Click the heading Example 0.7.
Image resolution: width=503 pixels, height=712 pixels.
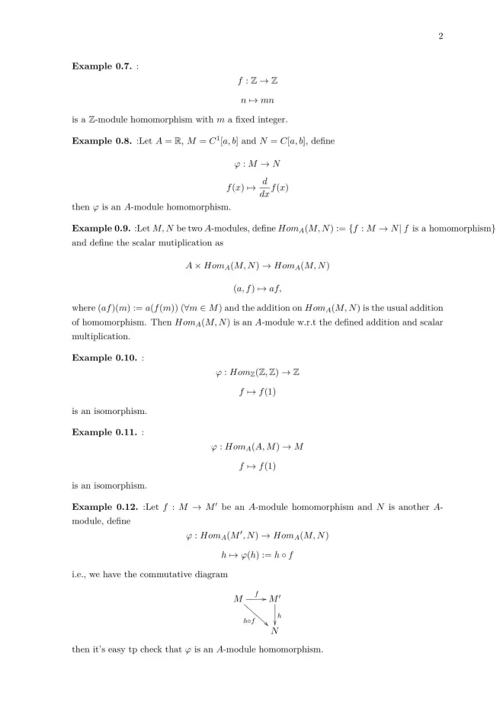click(101, 66)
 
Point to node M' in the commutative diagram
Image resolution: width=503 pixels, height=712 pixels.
click(275, 599)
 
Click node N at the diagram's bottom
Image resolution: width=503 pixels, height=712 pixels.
click(274, 630)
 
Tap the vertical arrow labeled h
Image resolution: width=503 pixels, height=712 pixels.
click(274, 614)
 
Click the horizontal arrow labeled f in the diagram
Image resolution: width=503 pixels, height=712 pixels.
click(256, 598)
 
